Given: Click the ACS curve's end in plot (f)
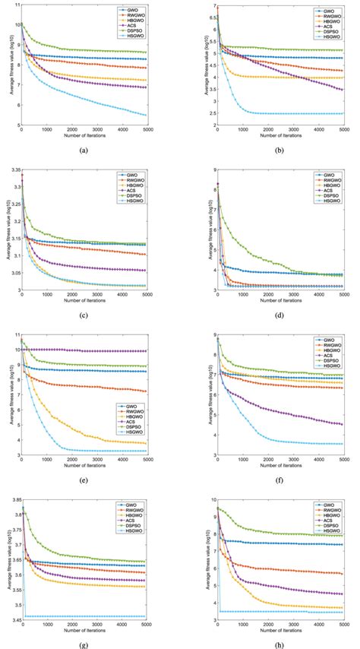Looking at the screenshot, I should (342, 424).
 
